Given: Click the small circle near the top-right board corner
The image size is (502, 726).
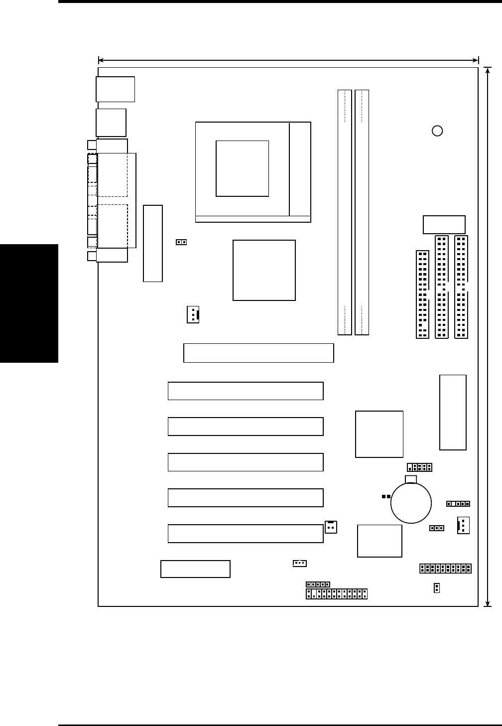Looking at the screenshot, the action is point(437,131).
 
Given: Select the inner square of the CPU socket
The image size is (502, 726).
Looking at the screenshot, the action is point(242,168).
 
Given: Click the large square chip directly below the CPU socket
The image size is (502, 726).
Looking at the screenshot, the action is point(264,270).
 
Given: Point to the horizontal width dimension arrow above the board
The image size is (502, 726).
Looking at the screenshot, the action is point(288,60).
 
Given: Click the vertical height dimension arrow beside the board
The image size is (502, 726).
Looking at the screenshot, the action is point(488,336).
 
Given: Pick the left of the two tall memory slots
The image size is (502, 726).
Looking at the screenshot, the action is point(345,212).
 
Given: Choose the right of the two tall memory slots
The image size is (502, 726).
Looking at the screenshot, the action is point(362,212).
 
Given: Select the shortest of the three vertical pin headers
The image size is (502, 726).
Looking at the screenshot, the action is point(422,294).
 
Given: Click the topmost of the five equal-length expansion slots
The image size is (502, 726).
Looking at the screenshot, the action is point(246,391).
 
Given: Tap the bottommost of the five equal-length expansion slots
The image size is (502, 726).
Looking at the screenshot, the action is point(246,534).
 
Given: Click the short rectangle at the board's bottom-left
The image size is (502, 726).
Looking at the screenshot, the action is point(195,569).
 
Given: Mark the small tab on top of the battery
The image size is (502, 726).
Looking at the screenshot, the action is point(411,479).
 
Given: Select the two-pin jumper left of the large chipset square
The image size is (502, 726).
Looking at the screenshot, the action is point(181,242).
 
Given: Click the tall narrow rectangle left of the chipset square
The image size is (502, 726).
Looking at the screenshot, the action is point(153,243).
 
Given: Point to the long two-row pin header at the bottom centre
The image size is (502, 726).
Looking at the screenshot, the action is point(337,593).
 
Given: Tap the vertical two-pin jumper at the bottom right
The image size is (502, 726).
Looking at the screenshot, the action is point(437,588).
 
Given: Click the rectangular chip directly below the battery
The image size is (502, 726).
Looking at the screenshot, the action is point(379,541).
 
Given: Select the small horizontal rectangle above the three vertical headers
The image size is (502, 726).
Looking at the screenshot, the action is point(444,225).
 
